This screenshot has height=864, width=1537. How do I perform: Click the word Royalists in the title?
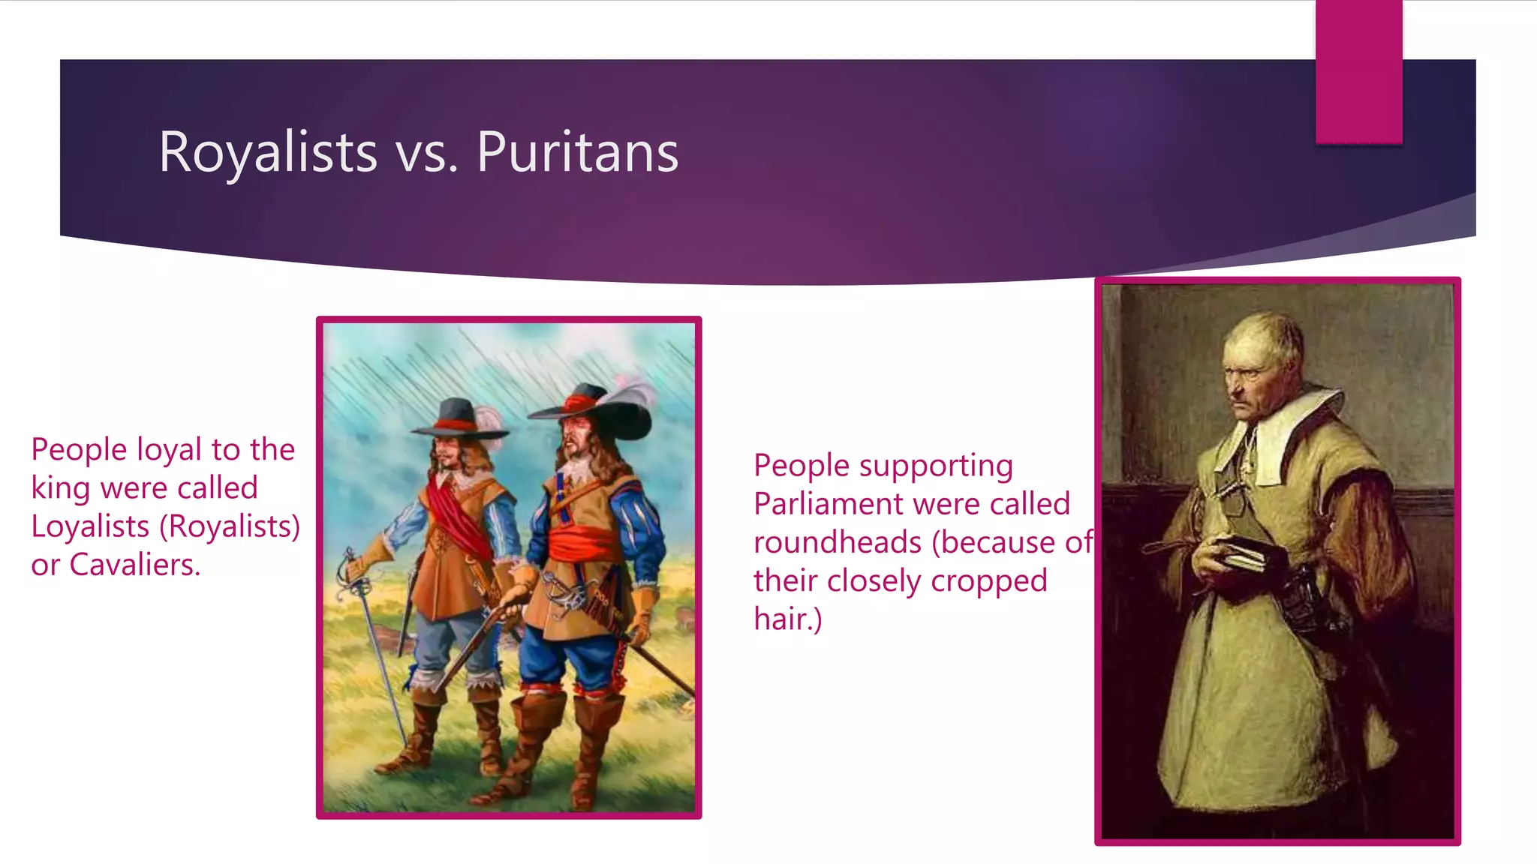267,152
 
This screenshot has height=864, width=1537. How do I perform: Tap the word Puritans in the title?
577,152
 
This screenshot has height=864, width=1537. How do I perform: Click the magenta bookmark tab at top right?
1358,71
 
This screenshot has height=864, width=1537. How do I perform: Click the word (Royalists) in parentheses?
230,526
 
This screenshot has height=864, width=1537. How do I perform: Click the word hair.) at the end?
787,619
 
